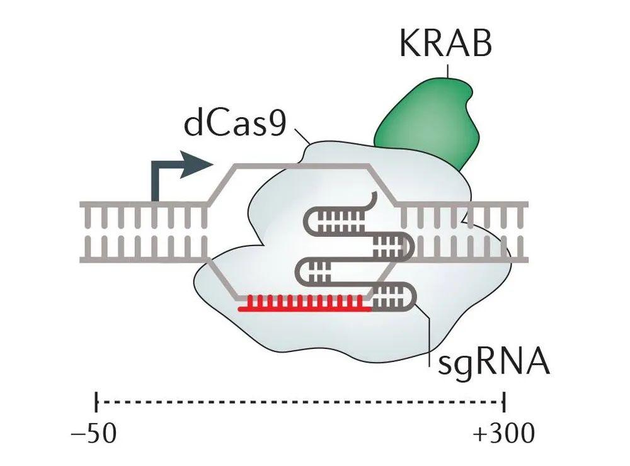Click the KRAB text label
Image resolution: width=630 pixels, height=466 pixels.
coord(445,45)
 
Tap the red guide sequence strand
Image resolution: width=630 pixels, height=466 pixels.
coord(302,305)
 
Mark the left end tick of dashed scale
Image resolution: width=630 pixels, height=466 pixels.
coord(96,400)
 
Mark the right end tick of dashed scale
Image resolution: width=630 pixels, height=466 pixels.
coord(504,400)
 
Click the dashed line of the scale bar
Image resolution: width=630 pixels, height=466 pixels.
coord(300,400)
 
